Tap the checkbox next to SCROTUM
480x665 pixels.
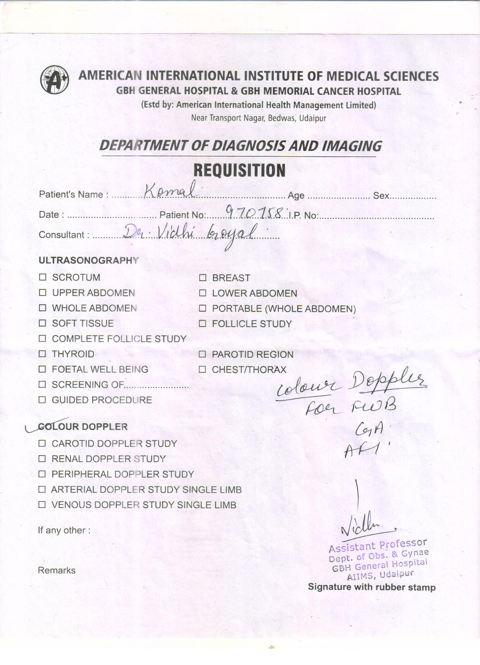coord(43,277)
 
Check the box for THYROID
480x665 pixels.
coord(43,354)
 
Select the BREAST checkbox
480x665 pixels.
coord(203,278)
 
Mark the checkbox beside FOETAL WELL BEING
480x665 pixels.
coord(43,369)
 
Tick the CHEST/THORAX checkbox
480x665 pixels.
coord(202,369)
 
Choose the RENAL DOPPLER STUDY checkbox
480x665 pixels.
coord(42,459)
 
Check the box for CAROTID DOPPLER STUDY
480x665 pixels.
coord(42,443)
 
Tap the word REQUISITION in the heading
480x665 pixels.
coord(239,170)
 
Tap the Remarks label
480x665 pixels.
coord(57,570)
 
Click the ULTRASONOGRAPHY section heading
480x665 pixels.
coord(88,260)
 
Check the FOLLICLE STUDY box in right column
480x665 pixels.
coord(203,324)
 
